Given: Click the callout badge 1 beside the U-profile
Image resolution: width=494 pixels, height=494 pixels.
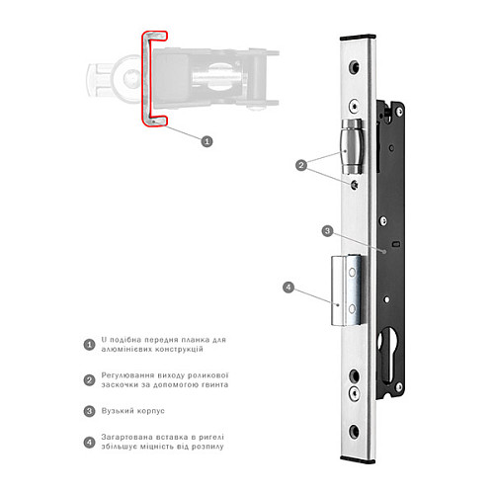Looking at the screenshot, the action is [206, 141].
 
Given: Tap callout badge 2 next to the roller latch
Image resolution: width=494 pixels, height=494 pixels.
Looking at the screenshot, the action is [301, 165].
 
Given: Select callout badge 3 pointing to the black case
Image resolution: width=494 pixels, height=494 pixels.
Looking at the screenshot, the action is [327, 231].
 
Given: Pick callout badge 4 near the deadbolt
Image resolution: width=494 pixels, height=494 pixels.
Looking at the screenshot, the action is [288, 288].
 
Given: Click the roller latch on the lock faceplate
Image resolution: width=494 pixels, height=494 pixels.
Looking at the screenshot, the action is [352, 146].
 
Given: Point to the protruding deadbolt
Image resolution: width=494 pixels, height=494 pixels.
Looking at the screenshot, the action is [349, 290].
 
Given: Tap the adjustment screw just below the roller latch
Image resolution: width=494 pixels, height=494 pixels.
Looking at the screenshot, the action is [355, 185].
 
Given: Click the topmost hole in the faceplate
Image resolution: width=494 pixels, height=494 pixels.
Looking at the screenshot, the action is [355, 67].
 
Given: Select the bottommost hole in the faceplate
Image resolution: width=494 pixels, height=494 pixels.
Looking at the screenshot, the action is [355, 431].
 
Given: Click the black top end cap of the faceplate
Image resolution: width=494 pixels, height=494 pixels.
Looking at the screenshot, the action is [358, 38].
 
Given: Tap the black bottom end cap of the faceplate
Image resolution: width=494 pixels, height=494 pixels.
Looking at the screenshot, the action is [358, 459].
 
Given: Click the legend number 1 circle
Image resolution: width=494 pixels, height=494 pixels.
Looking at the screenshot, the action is [89, 345].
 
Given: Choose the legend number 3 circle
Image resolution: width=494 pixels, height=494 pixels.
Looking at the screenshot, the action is [89, 411].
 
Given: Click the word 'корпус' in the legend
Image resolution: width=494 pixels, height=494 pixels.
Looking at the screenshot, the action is [150, 411].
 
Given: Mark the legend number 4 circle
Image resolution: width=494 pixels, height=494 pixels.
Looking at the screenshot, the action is [89, 442].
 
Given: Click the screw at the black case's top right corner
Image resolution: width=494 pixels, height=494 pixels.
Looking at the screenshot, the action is [399, 112].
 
